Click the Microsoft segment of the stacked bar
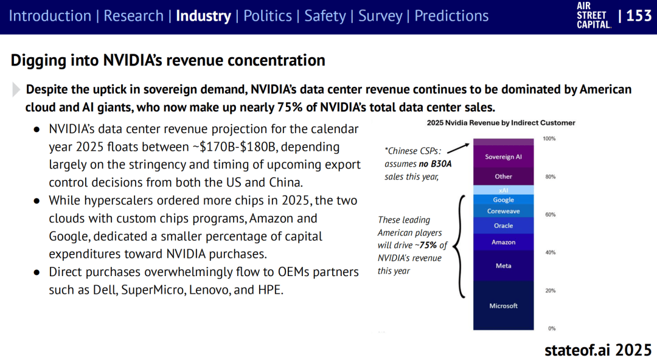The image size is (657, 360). point(503,305)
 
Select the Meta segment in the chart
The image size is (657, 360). point(503,266)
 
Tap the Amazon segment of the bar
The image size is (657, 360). point(503,242)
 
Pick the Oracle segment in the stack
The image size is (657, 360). point(503,226)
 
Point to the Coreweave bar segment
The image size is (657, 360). point(503,212)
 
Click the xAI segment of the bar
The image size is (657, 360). point(503,190)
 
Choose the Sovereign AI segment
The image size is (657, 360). point(503,157)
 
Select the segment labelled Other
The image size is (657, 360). point(503,176)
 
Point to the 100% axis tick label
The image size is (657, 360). point(549,139)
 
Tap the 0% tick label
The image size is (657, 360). point(552,328)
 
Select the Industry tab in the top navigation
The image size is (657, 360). point(203,16)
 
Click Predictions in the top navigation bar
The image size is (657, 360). point(451,16)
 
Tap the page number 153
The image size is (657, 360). point(639,16)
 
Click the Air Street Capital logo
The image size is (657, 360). point(593,15)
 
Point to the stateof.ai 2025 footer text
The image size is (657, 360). point(597,350)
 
